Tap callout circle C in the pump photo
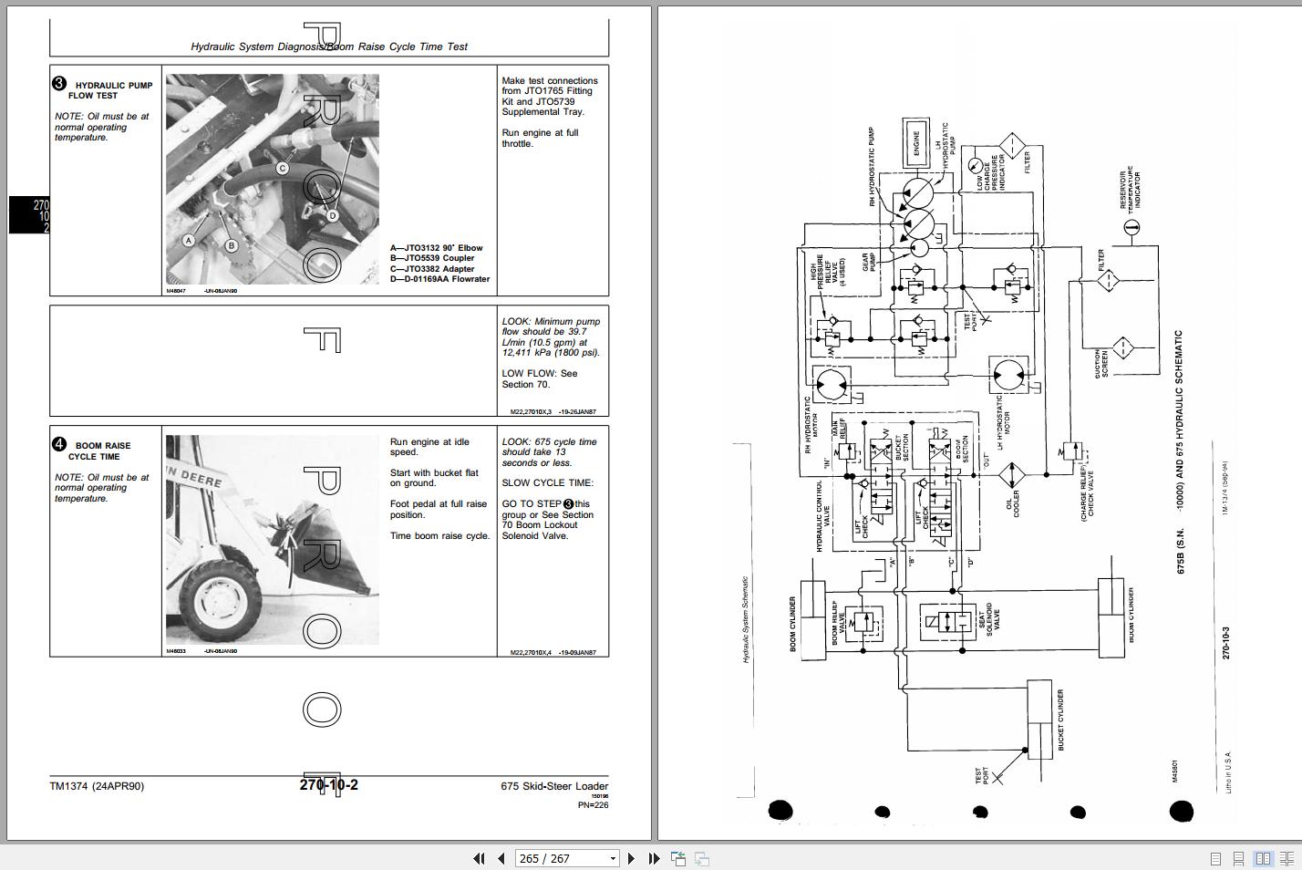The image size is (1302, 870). (283, 169)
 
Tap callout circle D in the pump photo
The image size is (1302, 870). (333, 216)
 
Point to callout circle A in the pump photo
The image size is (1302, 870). (189, 241)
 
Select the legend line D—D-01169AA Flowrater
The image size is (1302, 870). (439, 279)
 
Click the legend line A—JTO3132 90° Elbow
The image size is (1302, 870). (436, 248)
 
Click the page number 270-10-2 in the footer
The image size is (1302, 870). (328, 785)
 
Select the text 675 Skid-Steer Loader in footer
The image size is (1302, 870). (553, 786)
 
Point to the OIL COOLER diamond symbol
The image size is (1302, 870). (1011, 475)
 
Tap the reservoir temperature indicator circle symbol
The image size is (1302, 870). (1131, 226)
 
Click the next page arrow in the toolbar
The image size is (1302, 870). (631, 858)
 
